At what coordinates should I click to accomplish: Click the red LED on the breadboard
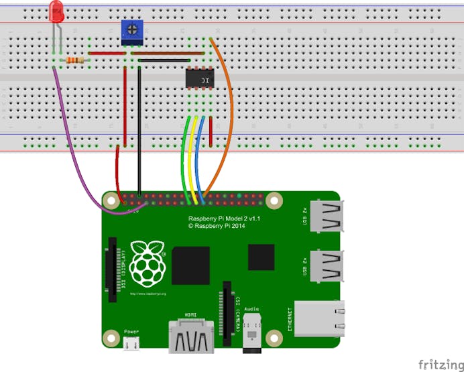point(57,10)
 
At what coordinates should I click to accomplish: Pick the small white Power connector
point(132,343)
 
